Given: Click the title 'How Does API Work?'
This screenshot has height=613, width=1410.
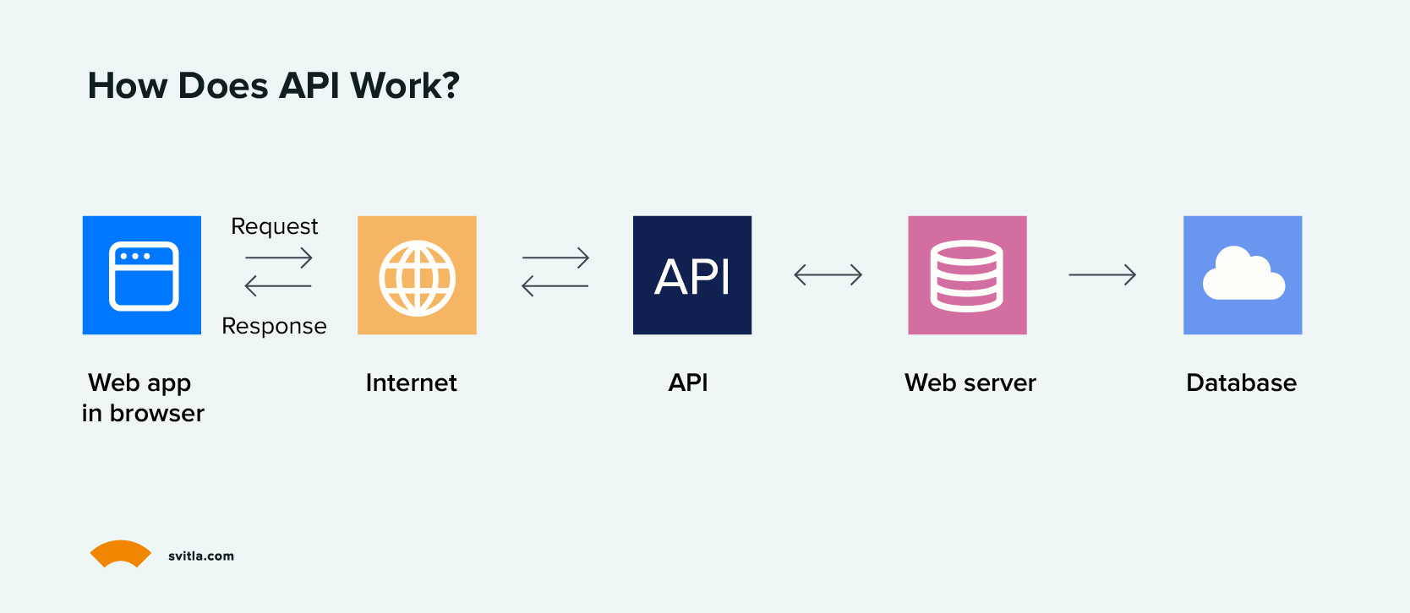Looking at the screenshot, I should [x=273, y=85].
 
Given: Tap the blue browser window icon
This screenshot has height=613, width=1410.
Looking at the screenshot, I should [x=142, y=275].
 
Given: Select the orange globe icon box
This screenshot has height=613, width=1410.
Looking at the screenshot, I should [x=417, y=275].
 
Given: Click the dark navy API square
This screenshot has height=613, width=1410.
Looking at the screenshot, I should [x=692, y=275].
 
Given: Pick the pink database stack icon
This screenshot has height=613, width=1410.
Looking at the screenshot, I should [x=967, y=275].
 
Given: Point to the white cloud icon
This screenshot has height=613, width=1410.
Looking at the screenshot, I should [x=1243, y=274].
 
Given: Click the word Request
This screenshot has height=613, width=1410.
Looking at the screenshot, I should [x=275, y=226].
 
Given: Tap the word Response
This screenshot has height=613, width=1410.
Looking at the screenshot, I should [x=274, y=326].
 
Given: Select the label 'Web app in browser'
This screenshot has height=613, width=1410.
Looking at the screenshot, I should [x=142, y=398].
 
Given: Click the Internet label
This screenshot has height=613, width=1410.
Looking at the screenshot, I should [x=411, y=382].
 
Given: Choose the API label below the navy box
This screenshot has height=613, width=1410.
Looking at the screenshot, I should [x=688, y=382].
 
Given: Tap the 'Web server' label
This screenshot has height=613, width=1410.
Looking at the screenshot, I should [x=970, y=382].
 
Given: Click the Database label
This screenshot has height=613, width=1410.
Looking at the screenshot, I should [x=1241, y=382].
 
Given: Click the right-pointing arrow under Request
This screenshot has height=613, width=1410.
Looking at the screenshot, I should [x=279, y=258].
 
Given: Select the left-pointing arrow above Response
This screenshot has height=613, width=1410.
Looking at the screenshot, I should [x=278, y=286].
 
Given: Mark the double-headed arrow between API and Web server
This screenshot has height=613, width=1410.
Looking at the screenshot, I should [x=828, y=274].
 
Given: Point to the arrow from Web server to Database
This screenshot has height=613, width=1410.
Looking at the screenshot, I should [x=1102, y=274].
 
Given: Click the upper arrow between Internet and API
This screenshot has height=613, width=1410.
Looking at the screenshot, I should [x=555, y=258].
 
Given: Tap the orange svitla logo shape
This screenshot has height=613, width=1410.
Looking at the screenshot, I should [x=121, y=553].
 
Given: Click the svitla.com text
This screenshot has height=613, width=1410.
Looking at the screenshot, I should [x=201, y=556].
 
